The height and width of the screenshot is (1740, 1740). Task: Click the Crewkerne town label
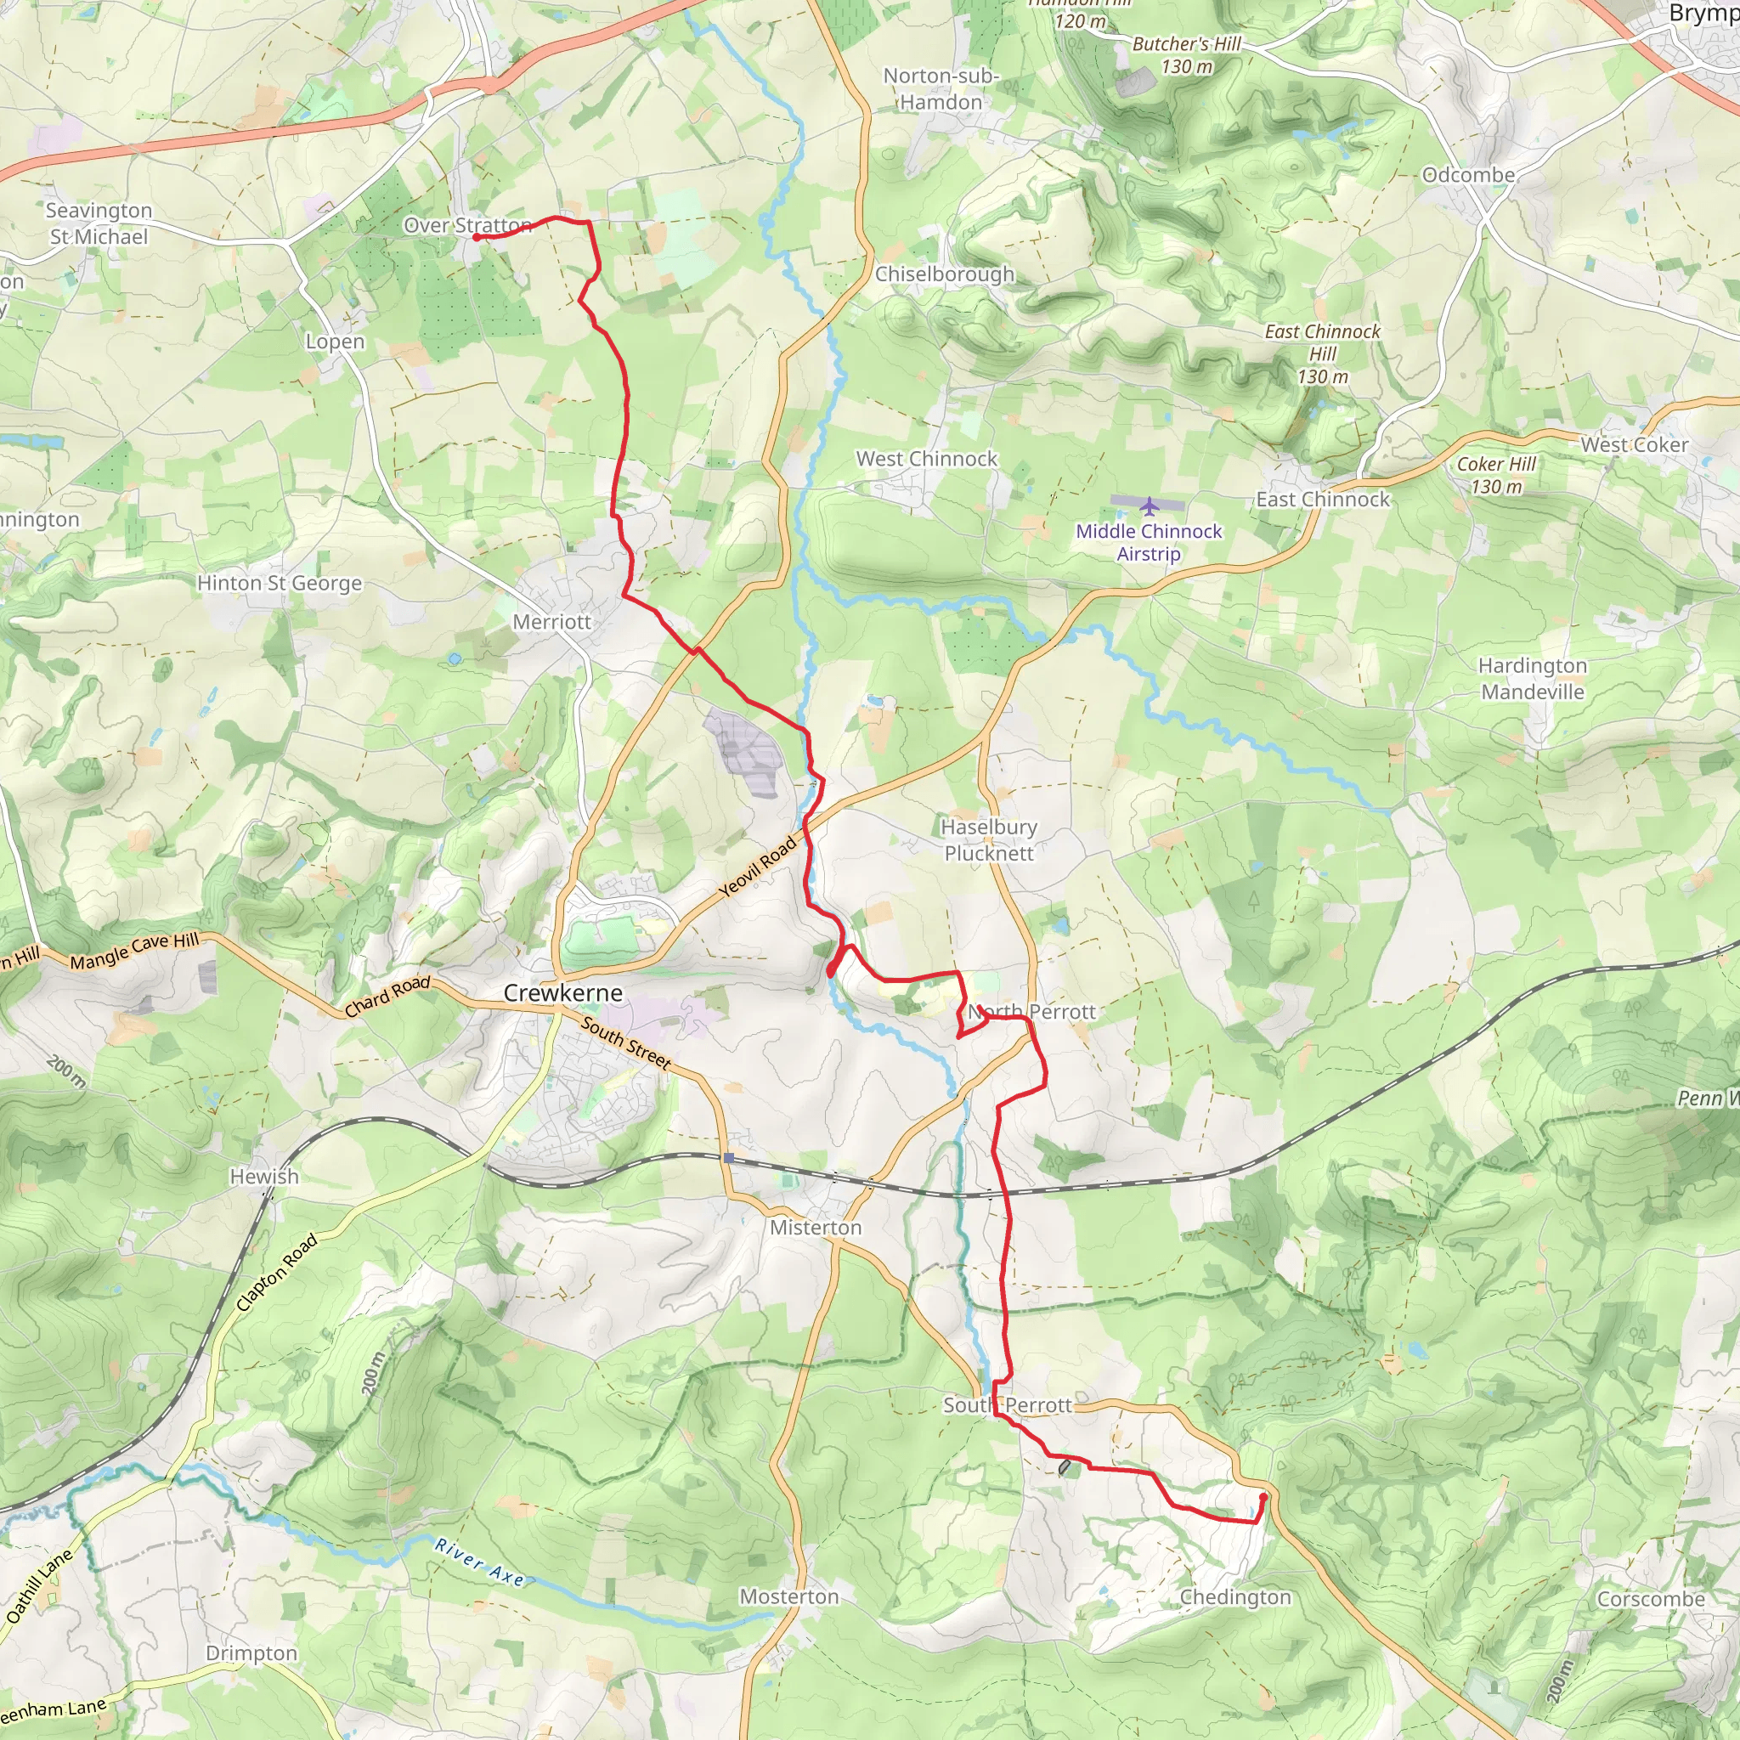[563, 992]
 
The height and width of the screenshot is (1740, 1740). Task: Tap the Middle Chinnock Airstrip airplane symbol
[1149, 506]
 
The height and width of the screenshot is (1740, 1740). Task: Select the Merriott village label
[551, 621]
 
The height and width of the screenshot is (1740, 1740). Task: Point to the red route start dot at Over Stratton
[476, 238]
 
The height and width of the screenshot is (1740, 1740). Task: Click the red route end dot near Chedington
[1263, 1497]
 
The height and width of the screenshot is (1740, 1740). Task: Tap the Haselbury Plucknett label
[989, 839]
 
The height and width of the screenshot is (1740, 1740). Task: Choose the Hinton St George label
[280, 583]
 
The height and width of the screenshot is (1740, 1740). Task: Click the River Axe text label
[479, 1562]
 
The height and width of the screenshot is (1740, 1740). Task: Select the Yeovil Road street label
[759, 867]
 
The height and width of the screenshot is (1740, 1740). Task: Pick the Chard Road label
[387, 996]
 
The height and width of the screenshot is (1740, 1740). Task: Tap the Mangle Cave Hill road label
[134, 951]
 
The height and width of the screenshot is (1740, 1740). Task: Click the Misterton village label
[815, 1228]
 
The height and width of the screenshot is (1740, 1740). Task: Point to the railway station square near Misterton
[729, 1158]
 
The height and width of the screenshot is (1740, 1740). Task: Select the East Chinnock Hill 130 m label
[1322, 354]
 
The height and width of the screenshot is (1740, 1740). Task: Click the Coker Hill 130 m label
[1496, 475]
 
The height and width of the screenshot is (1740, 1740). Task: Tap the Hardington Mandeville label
[1532, 678]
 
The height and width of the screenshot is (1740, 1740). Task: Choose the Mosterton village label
[789, 1596]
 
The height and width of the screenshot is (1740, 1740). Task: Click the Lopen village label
[335, 342]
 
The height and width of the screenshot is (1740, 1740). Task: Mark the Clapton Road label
[276, 1273]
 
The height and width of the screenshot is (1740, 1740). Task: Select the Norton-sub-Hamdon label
[941, 89]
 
